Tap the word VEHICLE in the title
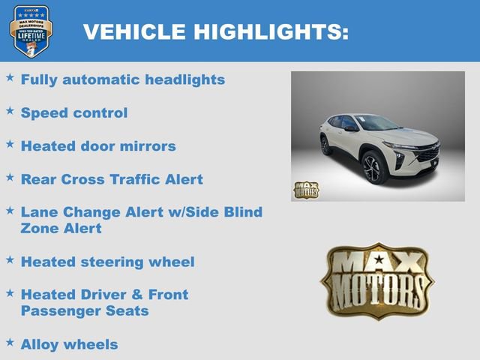pyautogui.click(x=134, y=32)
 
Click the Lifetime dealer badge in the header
pyautogui.click(x=31, y=31)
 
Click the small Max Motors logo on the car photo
pyautogui.click(x=305, y=189)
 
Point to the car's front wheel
pyautogui.click(x=374, y=166)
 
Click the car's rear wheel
pyautogui.click(x=326, y=144)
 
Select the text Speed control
pyautogui.click(x=74, y=113)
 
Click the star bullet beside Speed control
pyautogui.click(x=10, y=111)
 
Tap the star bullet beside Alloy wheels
pyautogui.click(x=10, y=342)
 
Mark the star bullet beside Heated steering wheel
pyautogui.click(x=10, y=259)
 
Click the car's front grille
pyautogui.click(x=428, y=154)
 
